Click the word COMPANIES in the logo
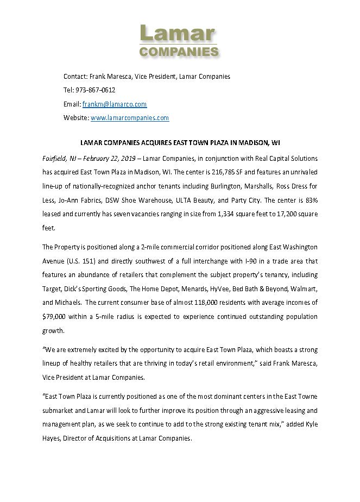(x=179, y=52)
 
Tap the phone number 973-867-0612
(x=96, y=90)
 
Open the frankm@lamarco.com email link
(x=115, y=104)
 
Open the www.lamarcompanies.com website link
(x=130, y=117)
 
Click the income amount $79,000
(x=54, y=316)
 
